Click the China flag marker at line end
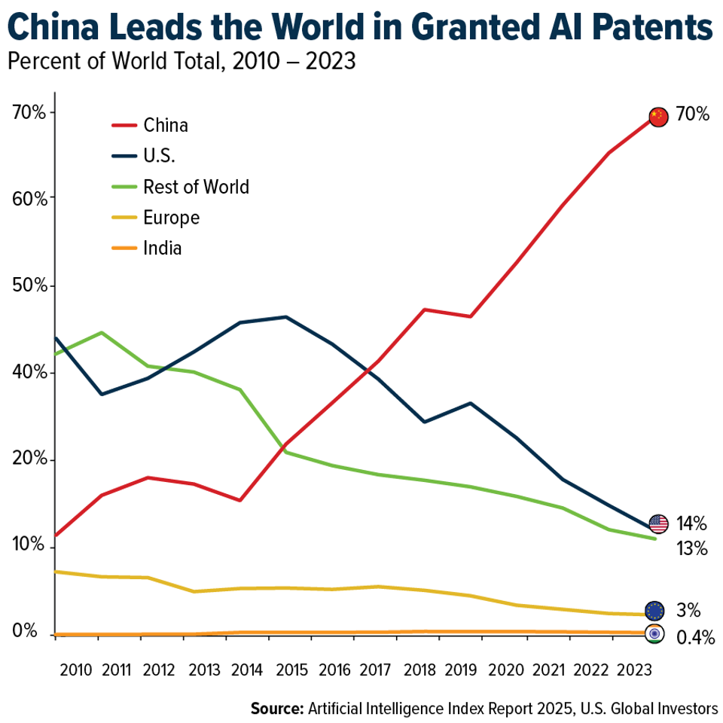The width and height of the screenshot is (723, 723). click(658, 117)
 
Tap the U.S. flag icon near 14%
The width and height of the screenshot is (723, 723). click(658, 523)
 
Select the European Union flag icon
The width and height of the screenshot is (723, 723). click(654, 611)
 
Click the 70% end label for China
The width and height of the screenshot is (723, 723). click(693, 114)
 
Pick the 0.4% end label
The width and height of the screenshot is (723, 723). click(695, 639)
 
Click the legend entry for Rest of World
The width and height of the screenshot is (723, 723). click(195, 186)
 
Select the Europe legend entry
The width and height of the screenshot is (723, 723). click(171, 218)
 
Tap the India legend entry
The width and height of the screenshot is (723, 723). click(162, 248)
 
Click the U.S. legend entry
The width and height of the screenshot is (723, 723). click(159, 156)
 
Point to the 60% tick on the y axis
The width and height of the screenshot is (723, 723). click(30, 199)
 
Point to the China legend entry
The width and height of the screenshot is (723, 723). click(165, 125)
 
